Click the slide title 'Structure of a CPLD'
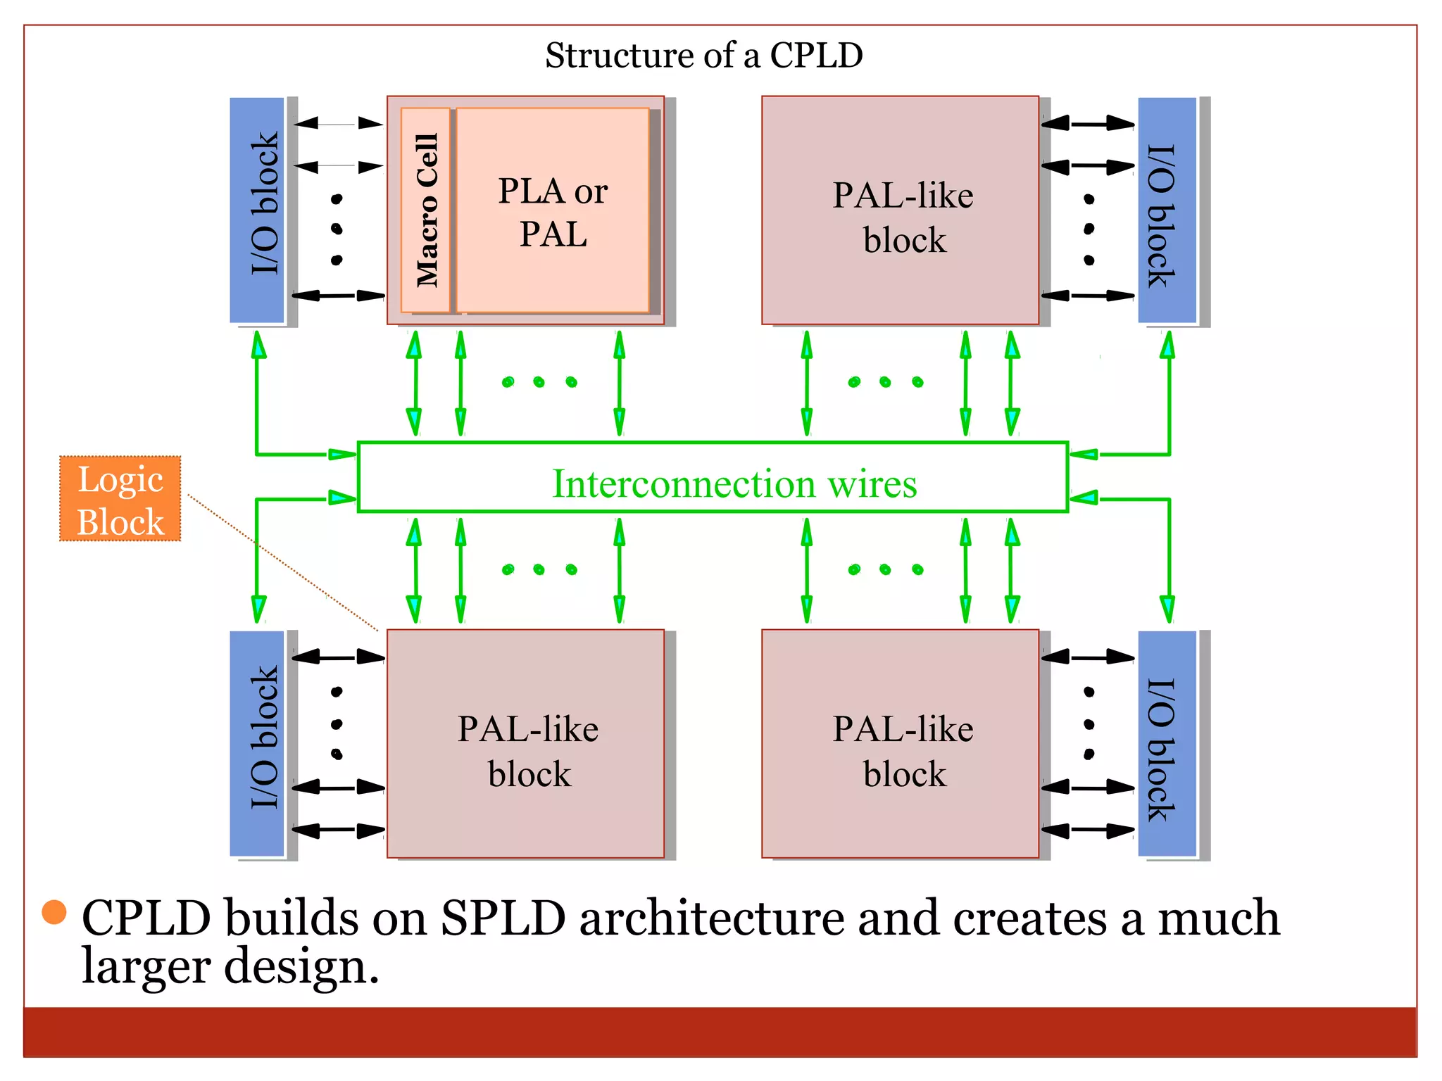[703, 55]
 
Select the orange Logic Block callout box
[120, 499]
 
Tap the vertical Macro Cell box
[426, 210]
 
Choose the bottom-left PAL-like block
[526, 744]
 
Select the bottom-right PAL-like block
[901, 744]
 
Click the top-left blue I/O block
[257, 210]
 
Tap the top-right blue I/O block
[1167, 210]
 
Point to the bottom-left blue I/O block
[257, 744]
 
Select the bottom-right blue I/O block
[1167, 744]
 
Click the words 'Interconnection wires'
[734, 484]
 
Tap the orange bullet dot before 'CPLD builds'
[54, 912]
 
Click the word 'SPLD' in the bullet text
[503, 918]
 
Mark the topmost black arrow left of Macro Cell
[338, 124]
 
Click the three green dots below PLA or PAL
[539, 382]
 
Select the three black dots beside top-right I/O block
[1089, 229]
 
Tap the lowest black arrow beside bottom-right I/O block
[1087, 830]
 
